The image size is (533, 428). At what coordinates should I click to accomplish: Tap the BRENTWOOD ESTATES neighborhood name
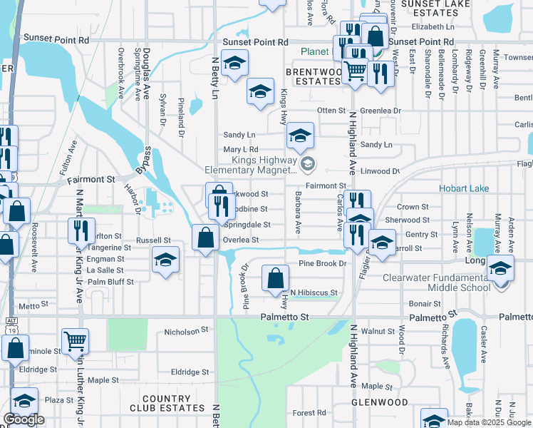tap(314, 76)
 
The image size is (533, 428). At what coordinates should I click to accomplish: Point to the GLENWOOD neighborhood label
tap(380, 402)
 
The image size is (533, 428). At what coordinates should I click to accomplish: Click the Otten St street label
tap(331, 111)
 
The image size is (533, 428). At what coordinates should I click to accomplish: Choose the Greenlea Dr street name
tap(381, 111)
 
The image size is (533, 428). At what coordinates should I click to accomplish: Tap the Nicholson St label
tap(185, 331)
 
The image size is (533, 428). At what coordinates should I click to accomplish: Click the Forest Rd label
tap(309, 412)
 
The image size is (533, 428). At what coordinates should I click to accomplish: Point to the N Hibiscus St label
tap(314, 292)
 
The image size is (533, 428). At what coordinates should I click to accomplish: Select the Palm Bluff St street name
tap(110, 282)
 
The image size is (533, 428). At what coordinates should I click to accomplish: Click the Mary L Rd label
tap(240, 149)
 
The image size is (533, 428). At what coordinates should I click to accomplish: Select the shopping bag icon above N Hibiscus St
tap(275, 277)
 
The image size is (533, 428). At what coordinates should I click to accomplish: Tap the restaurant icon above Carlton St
tap(81, 229)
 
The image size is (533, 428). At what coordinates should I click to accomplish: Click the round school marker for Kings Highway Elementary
tap(308, 165)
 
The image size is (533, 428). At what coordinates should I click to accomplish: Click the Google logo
tap(24, 419)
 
